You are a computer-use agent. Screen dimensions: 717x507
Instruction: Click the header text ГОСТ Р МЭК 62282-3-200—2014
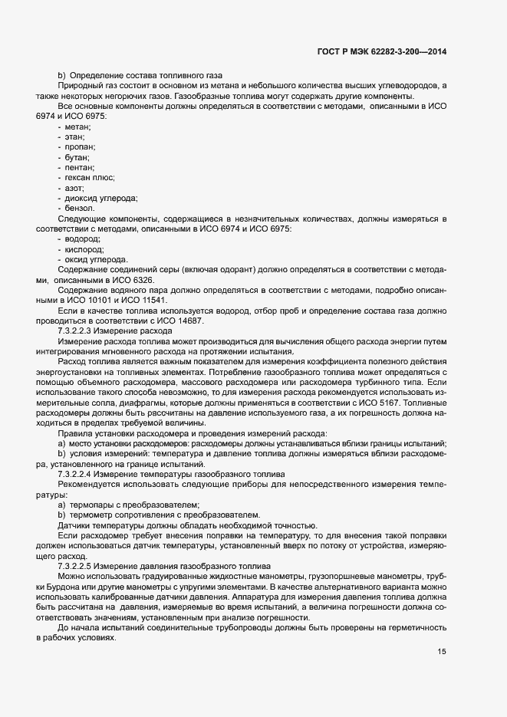(381, 51)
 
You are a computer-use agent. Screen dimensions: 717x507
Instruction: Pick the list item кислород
(84, 250)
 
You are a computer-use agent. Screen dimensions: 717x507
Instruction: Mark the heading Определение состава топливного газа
(145, 75)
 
